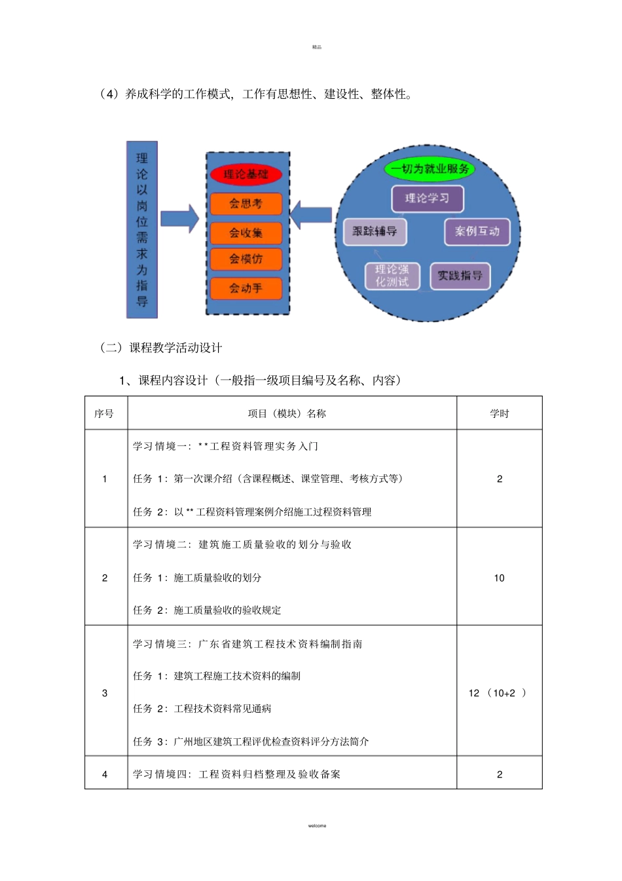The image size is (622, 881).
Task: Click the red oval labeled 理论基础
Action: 246,174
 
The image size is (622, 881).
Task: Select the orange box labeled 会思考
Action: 246,204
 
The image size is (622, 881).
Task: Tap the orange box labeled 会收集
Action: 246,233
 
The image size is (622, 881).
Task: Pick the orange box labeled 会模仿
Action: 246,259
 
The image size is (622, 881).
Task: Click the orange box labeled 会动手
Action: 246,288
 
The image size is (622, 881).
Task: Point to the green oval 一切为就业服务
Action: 430,169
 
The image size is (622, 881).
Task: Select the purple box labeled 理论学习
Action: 428,198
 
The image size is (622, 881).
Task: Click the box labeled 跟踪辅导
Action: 375,231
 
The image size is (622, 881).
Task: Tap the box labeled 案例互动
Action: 477,231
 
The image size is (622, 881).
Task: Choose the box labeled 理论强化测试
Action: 392,276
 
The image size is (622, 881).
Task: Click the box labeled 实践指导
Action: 460,276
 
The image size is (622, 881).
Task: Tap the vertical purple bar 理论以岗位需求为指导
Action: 142,230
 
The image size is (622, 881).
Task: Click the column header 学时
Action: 499,413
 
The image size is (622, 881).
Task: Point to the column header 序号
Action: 104,413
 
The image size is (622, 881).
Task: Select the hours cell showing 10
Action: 499,578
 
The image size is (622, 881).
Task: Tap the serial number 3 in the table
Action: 105,693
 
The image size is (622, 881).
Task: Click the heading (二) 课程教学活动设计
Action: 161,348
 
